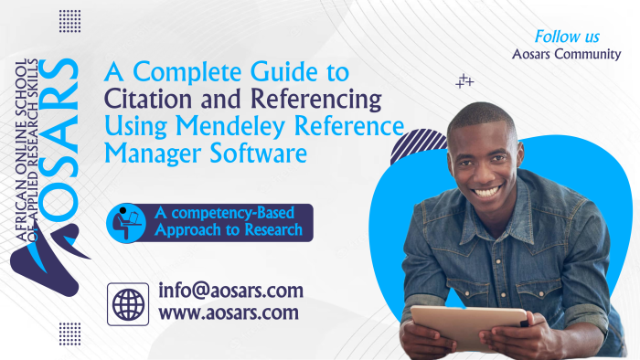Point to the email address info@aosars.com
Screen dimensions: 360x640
[x=229, y=291]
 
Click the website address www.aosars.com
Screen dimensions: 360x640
[x=228, y=313]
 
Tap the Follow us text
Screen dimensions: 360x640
[x=567, y=37]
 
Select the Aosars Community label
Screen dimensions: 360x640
[x=567, y=54]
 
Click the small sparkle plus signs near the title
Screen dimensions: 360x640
[x=464, y=81]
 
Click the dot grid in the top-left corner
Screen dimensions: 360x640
[x=69, y=21]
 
